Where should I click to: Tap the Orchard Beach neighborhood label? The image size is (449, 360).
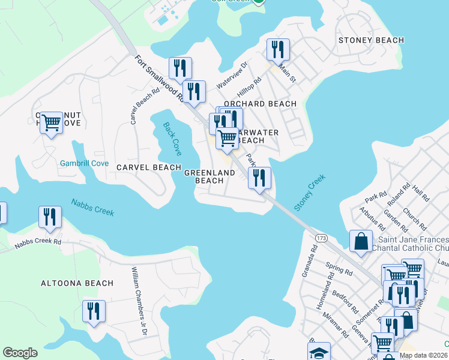tap(260, 104)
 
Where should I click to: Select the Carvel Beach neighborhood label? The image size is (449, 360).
tap(149, 167)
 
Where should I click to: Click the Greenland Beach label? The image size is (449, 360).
tap(209, 176)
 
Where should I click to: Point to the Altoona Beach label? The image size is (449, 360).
tap(77, 283)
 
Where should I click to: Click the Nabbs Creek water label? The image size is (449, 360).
tap(92, 208)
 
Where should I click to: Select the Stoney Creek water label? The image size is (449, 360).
tap(310, 192)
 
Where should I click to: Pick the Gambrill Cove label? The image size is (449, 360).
tap(84, 163)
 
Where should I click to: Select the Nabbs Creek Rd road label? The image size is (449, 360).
tap(38, 242)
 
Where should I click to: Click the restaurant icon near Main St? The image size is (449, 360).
tap(277, 49)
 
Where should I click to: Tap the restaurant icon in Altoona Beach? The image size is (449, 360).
tap(94, 311)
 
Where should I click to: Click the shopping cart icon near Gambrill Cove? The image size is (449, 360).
tap(52, 122)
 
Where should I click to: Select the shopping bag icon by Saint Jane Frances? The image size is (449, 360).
tap(362, 241)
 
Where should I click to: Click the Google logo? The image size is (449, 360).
tap(20, 353)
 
